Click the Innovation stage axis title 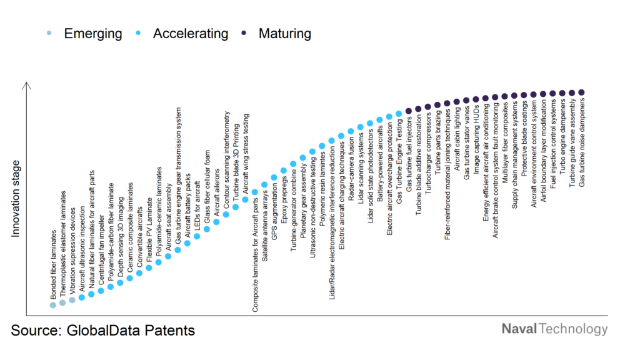click(x=16, y=199)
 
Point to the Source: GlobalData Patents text click(x=102, y=330)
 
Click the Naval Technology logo click(x=554, y=329)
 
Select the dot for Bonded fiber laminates click(x=53, y=305)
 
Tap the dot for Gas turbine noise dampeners click(x=582, y=92)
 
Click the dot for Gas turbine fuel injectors click(x=409, y=111)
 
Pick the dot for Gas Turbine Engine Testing click(x=399, y=114)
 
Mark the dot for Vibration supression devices click(x=72, y=300)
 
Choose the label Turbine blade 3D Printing click(x=236, y=156)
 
